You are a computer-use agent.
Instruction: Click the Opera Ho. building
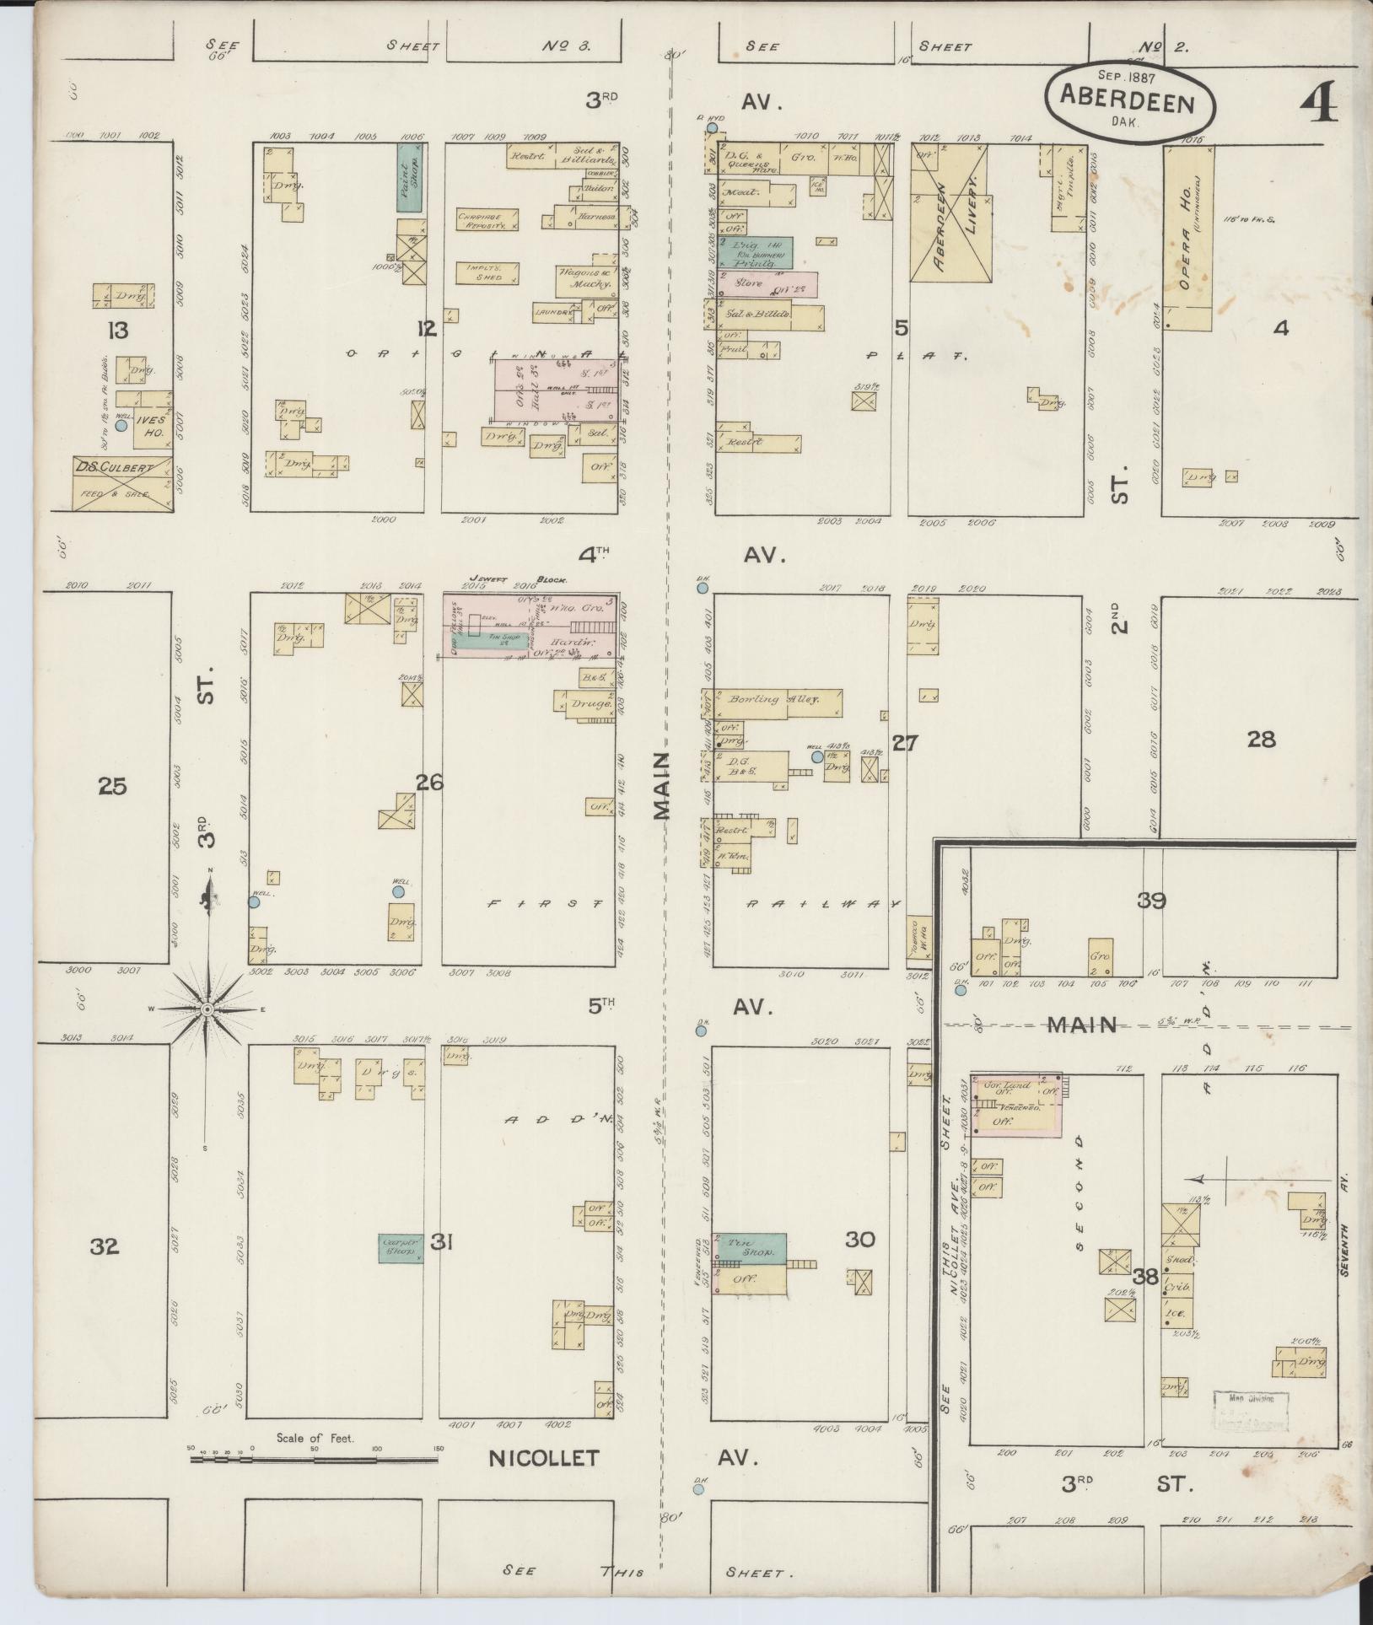point(1188,238)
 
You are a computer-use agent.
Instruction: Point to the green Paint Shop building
point(410,177)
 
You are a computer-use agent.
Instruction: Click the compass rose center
point(207,1009)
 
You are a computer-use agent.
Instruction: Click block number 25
point(112,787)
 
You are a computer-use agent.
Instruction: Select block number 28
point(1261,740)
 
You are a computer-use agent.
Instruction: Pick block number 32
point(105,1246)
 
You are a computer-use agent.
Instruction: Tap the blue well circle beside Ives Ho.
point(121,426)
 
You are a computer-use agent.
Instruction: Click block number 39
point(1151,901)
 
